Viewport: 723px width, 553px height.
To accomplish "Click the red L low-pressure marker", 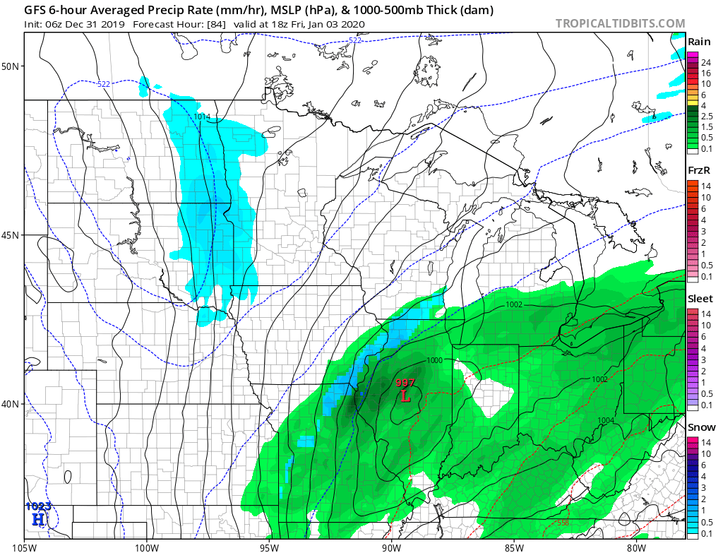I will [405, 396].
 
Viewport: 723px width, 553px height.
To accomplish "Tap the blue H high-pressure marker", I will [37, 519].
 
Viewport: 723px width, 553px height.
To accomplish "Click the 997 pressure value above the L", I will [405, 383].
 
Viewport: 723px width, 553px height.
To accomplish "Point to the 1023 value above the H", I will [37, 506].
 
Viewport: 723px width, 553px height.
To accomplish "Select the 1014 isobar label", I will [202, 117].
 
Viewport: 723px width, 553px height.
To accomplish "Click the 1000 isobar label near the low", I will [434, 361].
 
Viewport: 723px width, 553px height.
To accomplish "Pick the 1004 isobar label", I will [605, 420].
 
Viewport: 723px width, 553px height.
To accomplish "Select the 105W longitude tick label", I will [25, 546].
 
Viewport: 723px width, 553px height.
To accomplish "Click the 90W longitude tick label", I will [391, 546].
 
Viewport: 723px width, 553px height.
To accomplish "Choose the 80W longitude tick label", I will [635, 546].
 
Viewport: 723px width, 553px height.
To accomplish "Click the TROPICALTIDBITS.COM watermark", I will [620, 23].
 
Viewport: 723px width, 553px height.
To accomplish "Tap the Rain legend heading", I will [699, 42].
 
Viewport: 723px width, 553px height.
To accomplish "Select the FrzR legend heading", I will [699, 170].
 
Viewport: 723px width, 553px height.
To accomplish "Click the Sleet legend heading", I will [700, 299].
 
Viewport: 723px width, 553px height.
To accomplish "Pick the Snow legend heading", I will [700, 427].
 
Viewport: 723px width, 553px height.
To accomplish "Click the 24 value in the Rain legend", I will [705, 62].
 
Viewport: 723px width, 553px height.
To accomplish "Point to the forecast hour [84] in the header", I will [215, 23].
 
